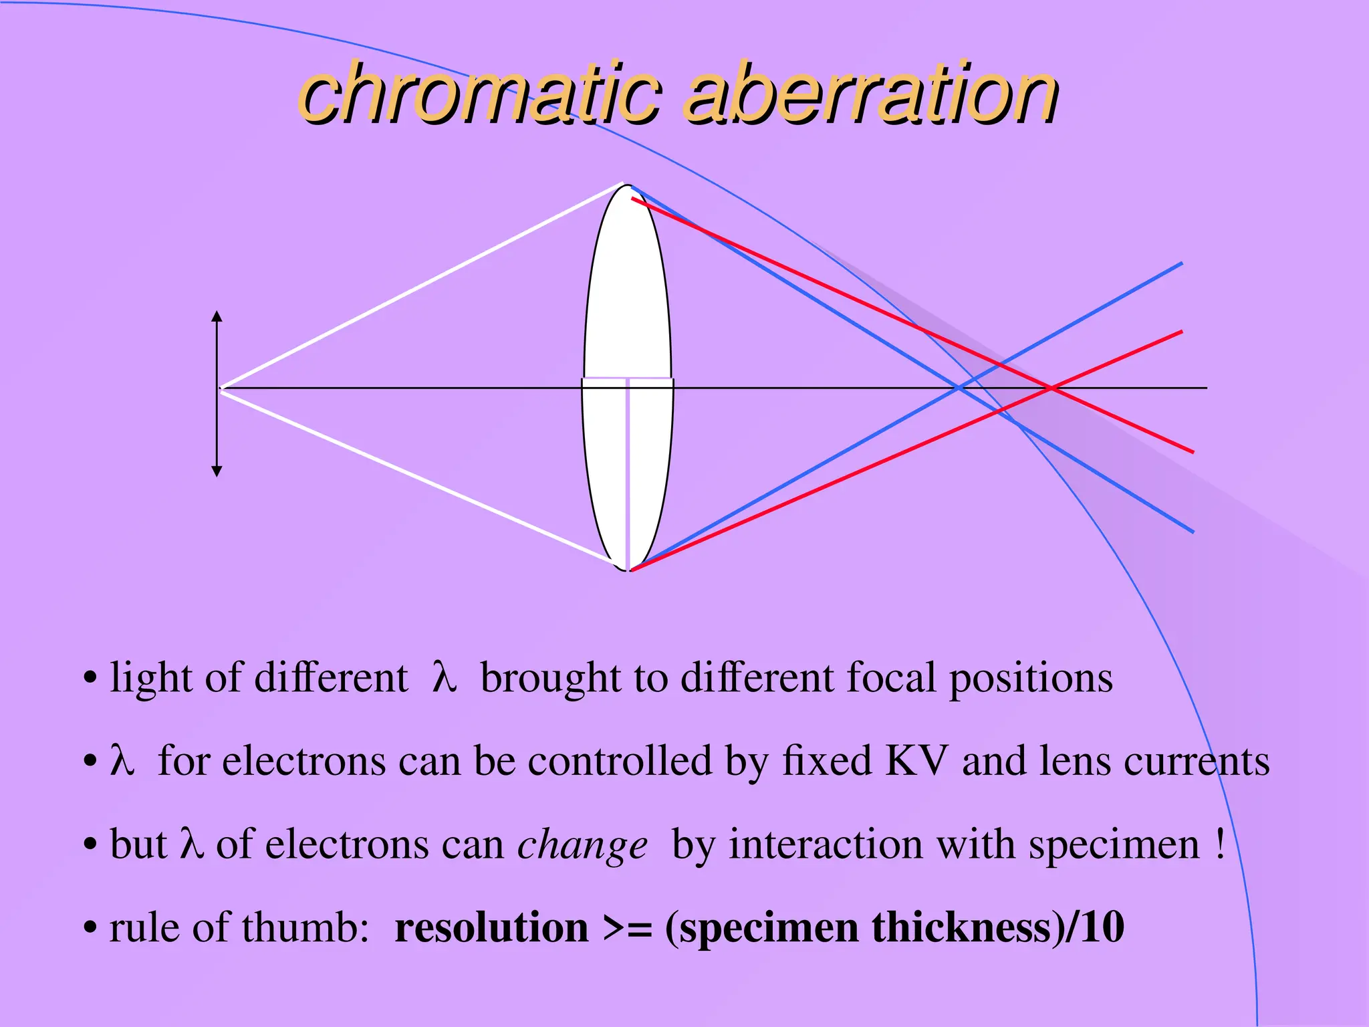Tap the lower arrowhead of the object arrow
coord(217,471)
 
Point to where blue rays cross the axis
coord(959,388)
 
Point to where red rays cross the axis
coord(1051,388)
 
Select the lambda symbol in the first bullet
coord(444,677)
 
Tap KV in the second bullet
coord(916,762)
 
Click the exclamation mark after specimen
coord(1220,844)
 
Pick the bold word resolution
coord(491,928)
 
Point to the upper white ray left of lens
coord(421,286)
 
